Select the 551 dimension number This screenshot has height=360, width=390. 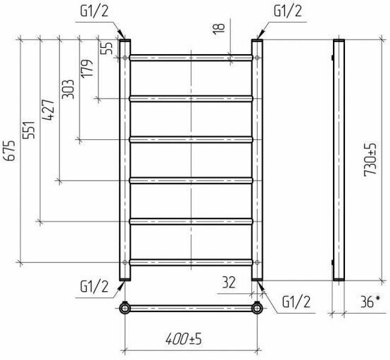click(29, 130)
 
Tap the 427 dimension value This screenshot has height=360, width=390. click(49, 110)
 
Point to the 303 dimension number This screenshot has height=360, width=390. click(68, 89)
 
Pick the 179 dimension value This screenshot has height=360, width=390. click(87, 68)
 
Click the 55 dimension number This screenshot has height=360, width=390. click(107, 48)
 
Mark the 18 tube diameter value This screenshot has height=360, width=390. click(219, 29)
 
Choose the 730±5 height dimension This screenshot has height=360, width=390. click(370, 160)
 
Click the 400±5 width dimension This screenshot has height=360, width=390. click(184, 339)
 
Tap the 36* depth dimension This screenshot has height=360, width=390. click(370, 302)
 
